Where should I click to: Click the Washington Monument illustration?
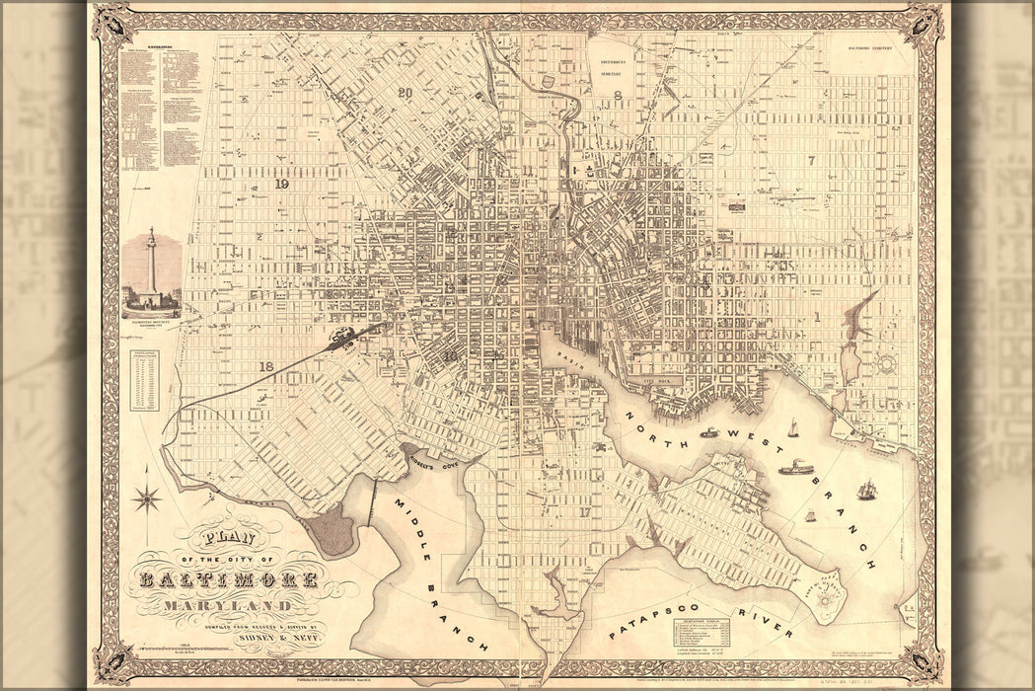[151, 271]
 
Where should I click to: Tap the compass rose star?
[147, 498]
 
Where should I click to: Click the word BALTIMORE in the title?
[229, 579]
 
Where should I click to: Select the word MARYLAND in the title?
[228, 604]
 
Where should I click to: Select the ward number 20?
[405, 93]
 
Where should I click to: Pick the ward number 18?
[265, 366]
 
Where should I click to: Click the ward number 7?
[811, 160]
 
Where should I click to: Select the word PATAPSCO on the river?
[641, 614]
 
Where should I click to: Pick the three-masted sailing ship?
[867, 489]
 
